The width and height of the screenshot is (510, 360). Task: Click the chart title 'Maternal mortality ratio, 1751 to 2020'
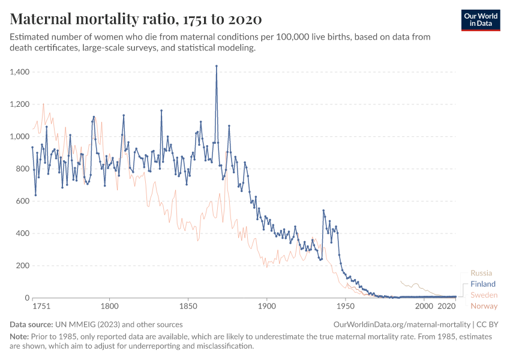click(136, 19)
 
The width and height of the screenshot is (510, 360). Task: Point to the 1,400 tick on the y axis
click(20, 72)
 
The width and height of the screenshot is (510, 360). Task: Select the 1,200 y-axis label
click(20, 104)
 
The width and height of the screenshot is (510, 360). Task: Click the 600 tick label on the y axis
click(23, 201)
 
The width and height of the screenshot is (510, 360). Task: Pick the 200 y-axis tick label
click(23, 266)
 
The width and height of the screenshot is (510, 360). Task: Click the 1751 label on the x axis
click(41, 306)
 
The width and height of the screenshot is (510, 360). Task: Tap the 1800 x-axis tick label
click(110, 306)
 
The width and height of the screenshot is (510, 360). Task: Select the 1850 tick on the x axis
click(188, 306)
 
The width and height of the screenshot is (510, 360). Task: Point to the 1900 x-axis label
click(267, 306)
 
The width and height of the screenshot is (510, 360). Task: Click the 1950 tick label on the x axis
click(346, 306)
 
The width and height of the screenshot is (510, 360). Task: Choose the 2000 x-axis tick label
click(424, 306)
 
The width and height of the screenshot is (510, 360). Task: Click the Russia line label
click(481, 273)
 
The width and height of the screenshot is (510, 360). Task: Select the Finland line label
click(483, 284)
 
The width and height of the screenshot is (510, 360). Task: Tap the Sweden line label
click(484, 295)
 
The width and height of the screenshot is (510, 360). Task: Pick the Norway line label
click(484, 306)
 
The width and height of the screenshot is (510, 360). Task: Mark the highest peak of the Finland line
click(217, 66)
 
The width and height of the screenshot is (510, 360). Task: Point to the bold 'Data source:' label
click(32, 325)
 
